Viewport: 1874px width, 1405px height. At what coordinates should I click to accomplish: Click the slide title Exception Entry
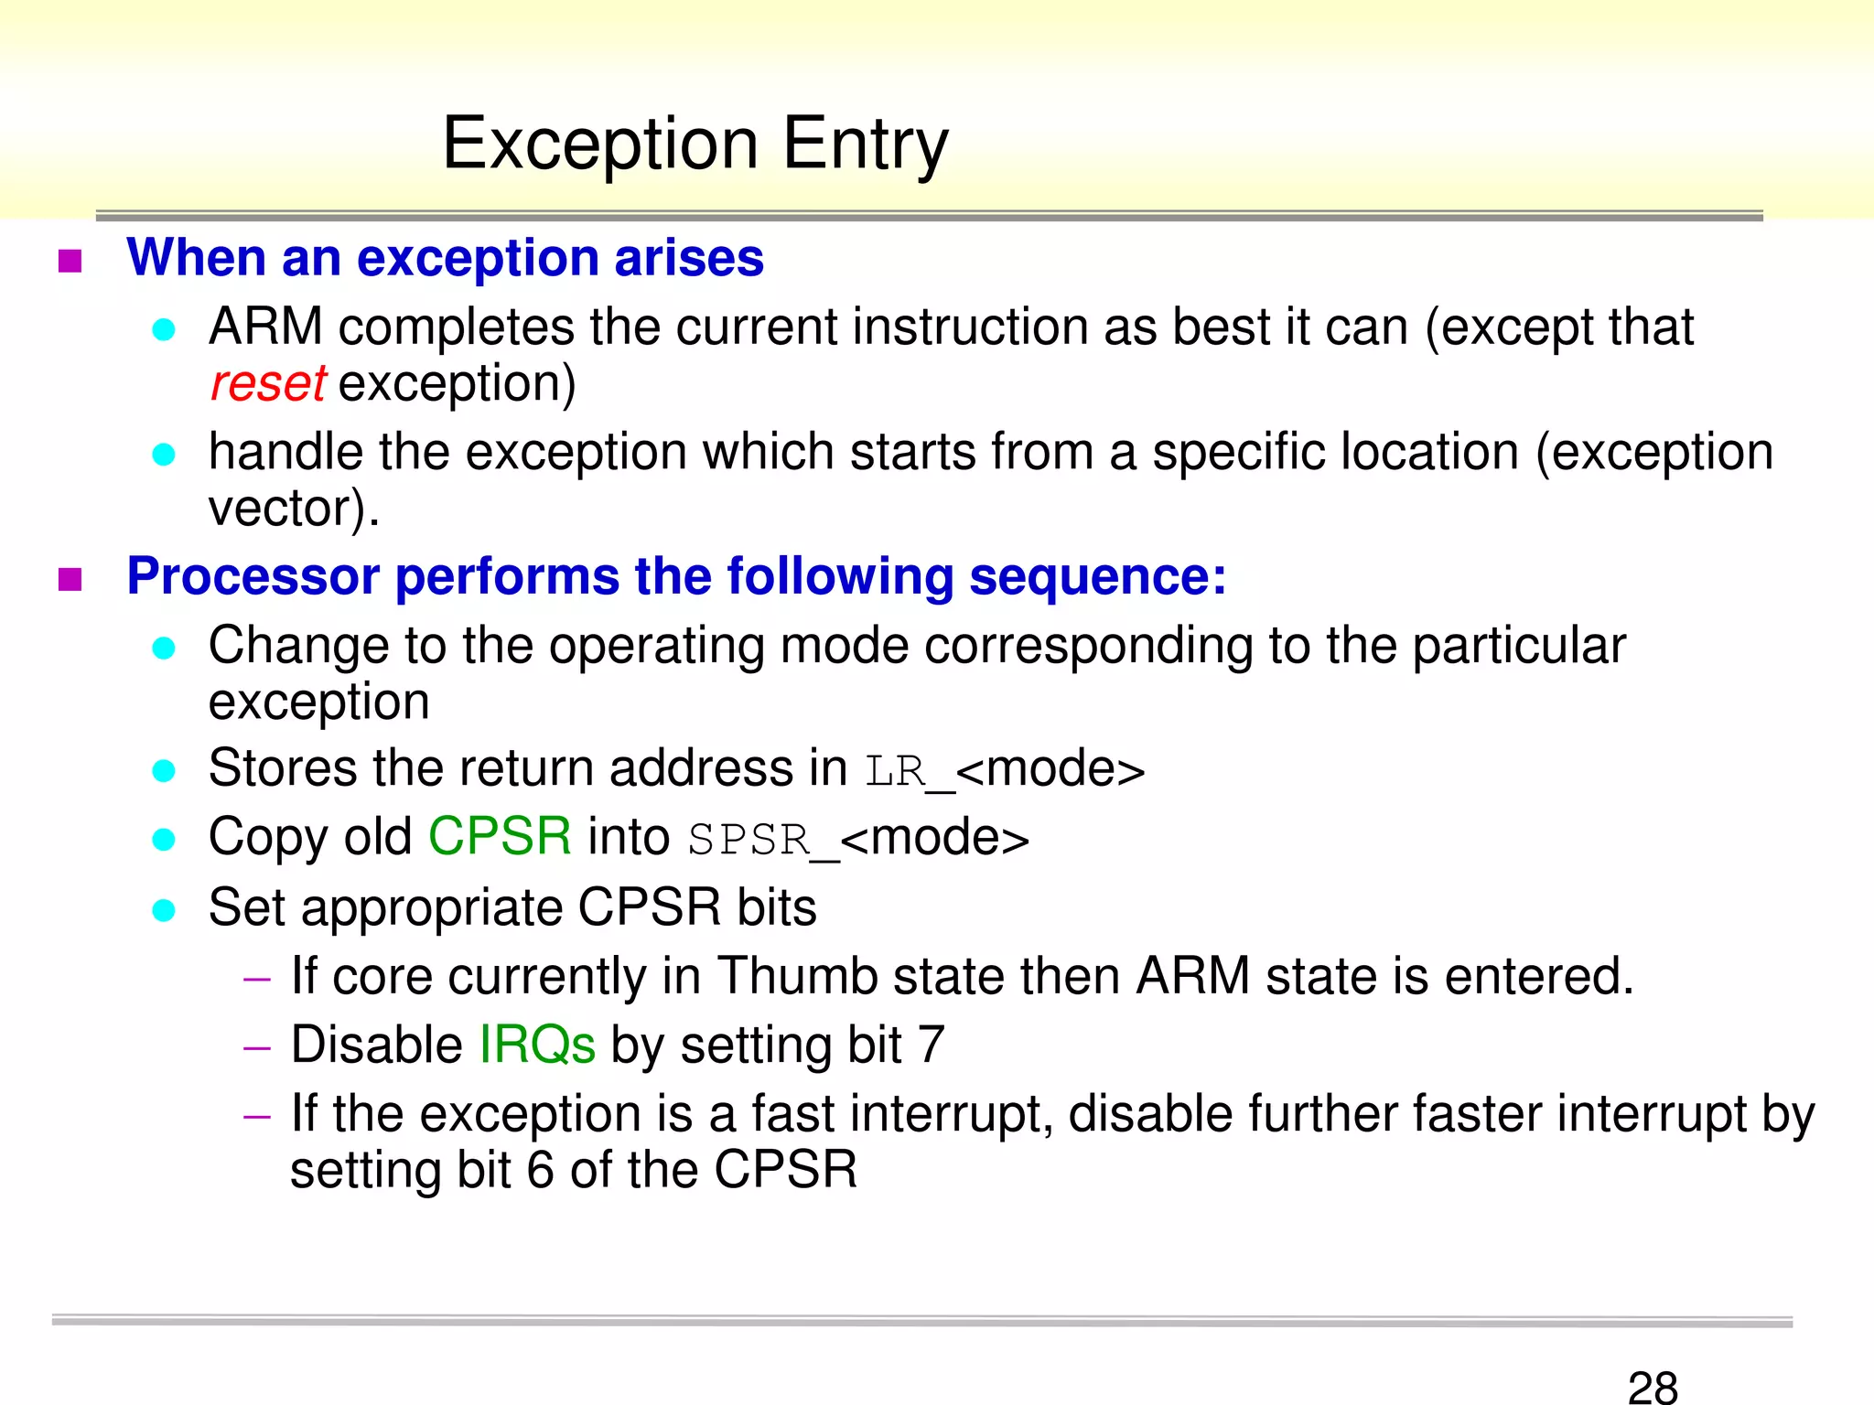click(695, 145)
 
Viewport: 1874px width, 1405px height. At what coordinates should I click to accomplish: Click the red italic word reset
click(267, 383)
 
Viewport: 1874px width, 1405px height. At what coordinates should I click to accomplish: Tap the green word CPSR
click(500, 837)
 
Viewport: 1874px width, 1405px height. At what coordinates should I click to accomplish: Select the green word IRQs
click(537, 1046)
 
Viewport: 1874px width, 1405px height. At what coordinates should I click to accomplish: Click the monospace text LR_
click(909, 771)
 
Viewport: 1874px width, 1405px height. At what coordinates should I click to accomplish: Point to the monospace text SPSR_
click(762, 840)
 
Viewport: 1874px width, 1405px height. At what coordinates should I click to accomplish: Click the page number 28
click(1653, 1387)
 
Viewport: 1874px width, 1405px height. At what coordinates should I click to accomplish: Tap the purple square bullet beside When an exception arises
click(70, 262)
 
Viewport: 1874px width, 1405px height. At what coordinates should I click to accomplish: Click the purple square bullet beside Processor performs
click(70, 580)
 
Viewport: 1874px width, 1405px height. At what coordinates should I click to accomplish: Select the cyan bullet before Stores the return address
click(164, 771)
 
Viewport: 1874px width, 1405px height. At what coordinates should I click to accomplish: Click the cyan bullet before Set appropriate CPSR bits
click(164, 910)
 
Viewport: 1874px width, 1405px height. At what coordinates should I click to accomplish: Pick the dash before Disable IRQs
click(257, 1048)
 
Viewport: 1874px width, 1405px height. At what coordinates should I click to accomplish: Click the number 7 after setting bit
click(931, 1046)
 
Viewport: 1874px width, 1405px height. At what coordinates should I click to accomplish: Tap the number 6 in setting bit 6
click(540, 1170)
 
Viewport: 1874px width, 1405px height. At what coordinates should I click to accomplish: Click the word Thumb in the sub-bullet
click(796, 976)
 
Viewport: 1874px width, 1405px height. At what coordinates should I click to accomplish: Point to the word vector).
click(293, 509)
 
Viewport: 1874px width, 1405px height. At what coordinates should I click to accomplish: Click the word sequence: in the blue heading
click(1097, 577)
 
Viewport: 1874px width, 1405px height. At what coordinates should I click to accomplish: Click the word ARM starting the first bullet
click(265, 327)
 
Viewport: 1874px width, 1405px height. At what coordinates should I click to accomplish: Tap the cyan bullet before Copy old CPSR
click(164, 840)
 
